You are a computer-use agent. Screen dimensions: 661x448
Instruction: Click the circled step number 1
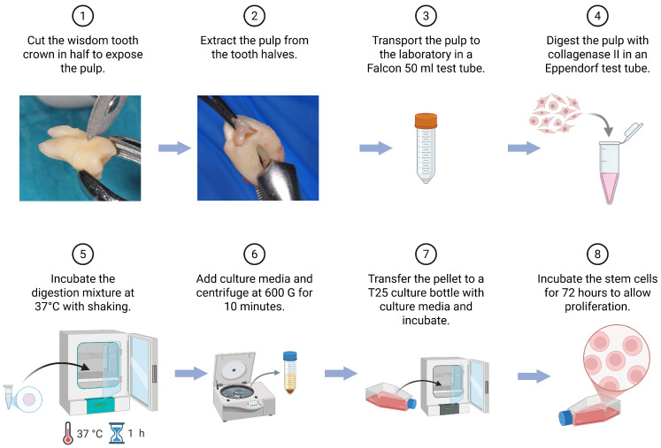[x=82, y=16]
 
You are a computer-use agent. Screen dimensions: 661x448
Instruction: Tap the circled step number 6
[x=254, y=254]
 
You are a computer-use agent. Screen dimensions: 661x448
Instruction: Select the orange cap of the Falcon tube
[x=426, y=120]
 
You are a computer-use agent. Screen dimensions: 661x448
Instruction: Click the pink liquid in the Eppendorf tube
[x=610, y=187]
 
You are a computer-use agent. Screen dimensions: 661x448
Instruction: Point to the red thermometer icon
[x=68, y=433]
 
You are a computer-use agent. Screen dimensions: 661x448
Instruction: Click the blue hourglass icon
[x=117, y=433]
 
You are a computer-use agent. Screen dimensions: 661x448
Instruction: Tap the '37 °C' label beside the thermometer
[x=89, y=434]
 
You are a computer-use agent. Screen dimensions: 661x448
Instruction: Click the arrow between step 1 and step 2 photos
[x=174, y=148]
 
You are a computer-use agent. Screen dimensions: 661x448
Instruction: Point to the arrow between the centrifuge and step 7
[x=341, y=373]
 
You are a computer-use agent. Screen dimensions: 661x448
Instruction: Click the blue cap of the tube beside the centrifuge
[x=290, y=356]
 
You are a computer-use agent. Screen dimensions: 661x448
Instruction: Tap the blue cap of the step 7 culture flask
[x=411, y=403]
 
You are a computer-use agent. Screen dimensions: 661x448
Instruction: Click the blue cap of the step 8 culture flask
[x=565, y=418]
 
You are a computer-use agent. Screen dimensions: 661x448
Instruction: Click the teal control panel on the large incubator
[x=101, y=405]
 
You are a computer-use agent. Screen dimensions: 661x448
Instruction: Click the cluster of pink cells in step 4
[x=555, y=115]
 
